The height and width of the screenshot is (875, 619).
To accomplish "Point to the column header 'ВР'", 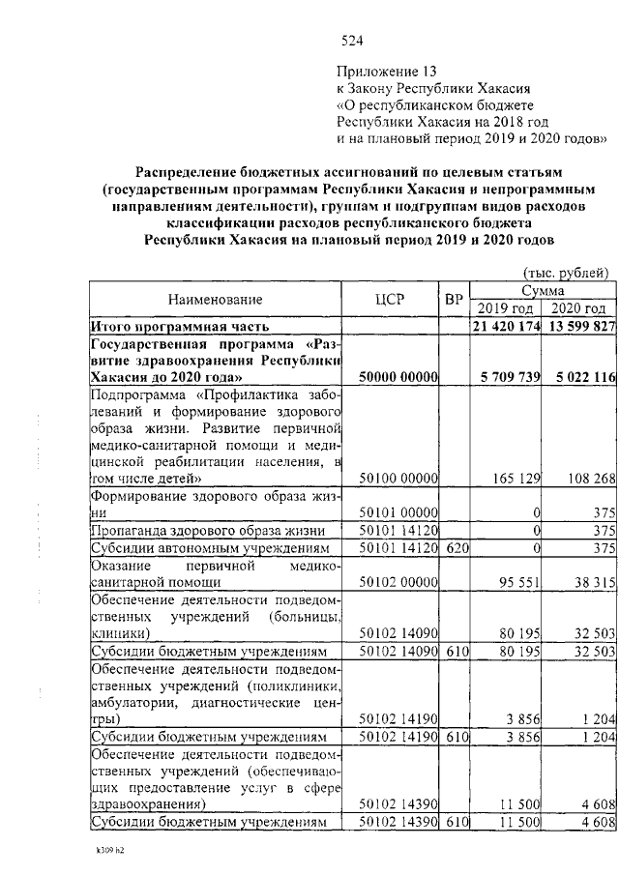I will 455,299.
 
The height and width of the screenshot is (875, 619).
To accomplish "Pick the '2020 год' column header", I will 578,308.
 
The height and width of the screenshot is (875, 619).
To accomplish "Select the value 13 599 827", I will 578,326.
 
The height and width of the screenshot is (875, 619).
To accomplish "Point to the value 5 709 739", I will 506,377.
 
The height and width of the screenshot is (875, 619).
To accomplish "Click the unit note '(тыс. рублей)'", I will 565,273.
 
